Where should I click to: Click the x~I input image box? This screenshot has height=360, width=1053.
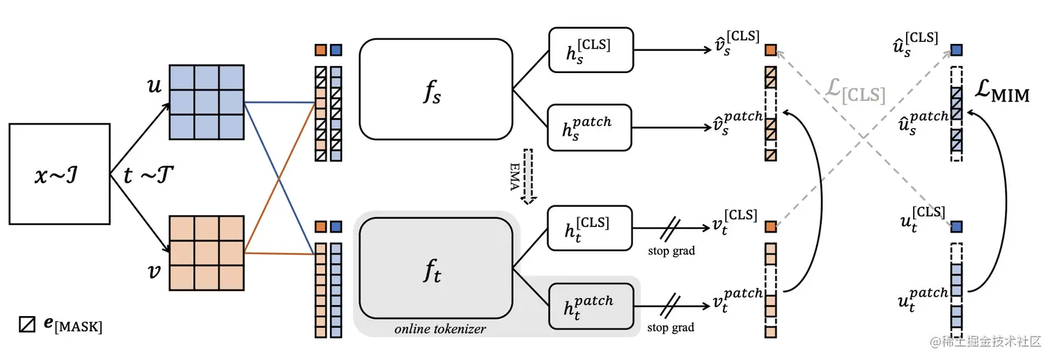[60, 173]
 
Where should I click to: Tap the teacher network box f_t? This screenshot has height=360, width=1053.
[435, 268]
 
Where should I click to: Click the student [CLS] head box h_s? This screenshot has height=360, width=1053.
[591, 49]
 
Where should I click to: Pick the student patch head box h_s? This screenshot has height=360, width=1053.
[591, 127]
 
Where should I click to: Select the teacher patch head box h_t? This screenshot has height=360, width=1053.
[591, 306]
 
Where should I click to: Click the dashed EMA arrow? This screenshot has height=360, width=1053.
[528, 176]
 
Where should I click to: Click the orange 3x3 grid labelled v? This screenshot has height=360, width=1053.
[206, 252]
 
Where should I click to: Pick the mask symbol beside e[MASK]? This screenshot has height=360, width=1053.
[27, 324]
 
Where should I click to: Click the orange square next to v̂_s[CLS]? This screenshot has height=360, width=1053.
[770, 50]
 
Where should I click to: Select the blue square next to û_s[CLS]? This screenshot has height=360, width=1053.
[956, 50]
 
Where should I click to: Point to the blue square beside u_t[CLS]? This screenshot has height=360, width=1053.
[956, 227]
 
